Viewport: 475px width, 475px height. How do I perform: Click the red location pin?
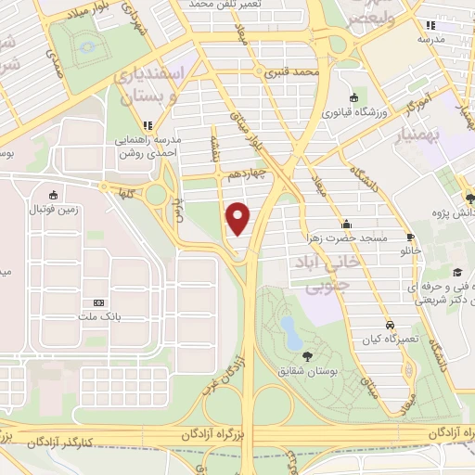click(x=238, y=218)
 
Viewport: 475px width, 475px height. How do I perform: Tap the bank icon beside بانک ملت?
click(x=99, y=302)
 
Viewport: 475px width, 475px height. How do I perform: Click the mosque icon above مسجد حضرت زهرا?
click(x=346, y=224)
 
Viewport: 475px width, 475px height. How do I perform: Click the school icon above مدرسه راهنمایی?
click(x=146, y=124)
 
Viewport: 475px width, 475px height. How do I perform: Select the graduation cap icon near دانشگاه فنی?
click(x=457, y=272)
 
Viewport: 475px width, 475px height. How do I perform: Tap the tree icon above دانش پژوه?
click(x=470, y=197)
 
